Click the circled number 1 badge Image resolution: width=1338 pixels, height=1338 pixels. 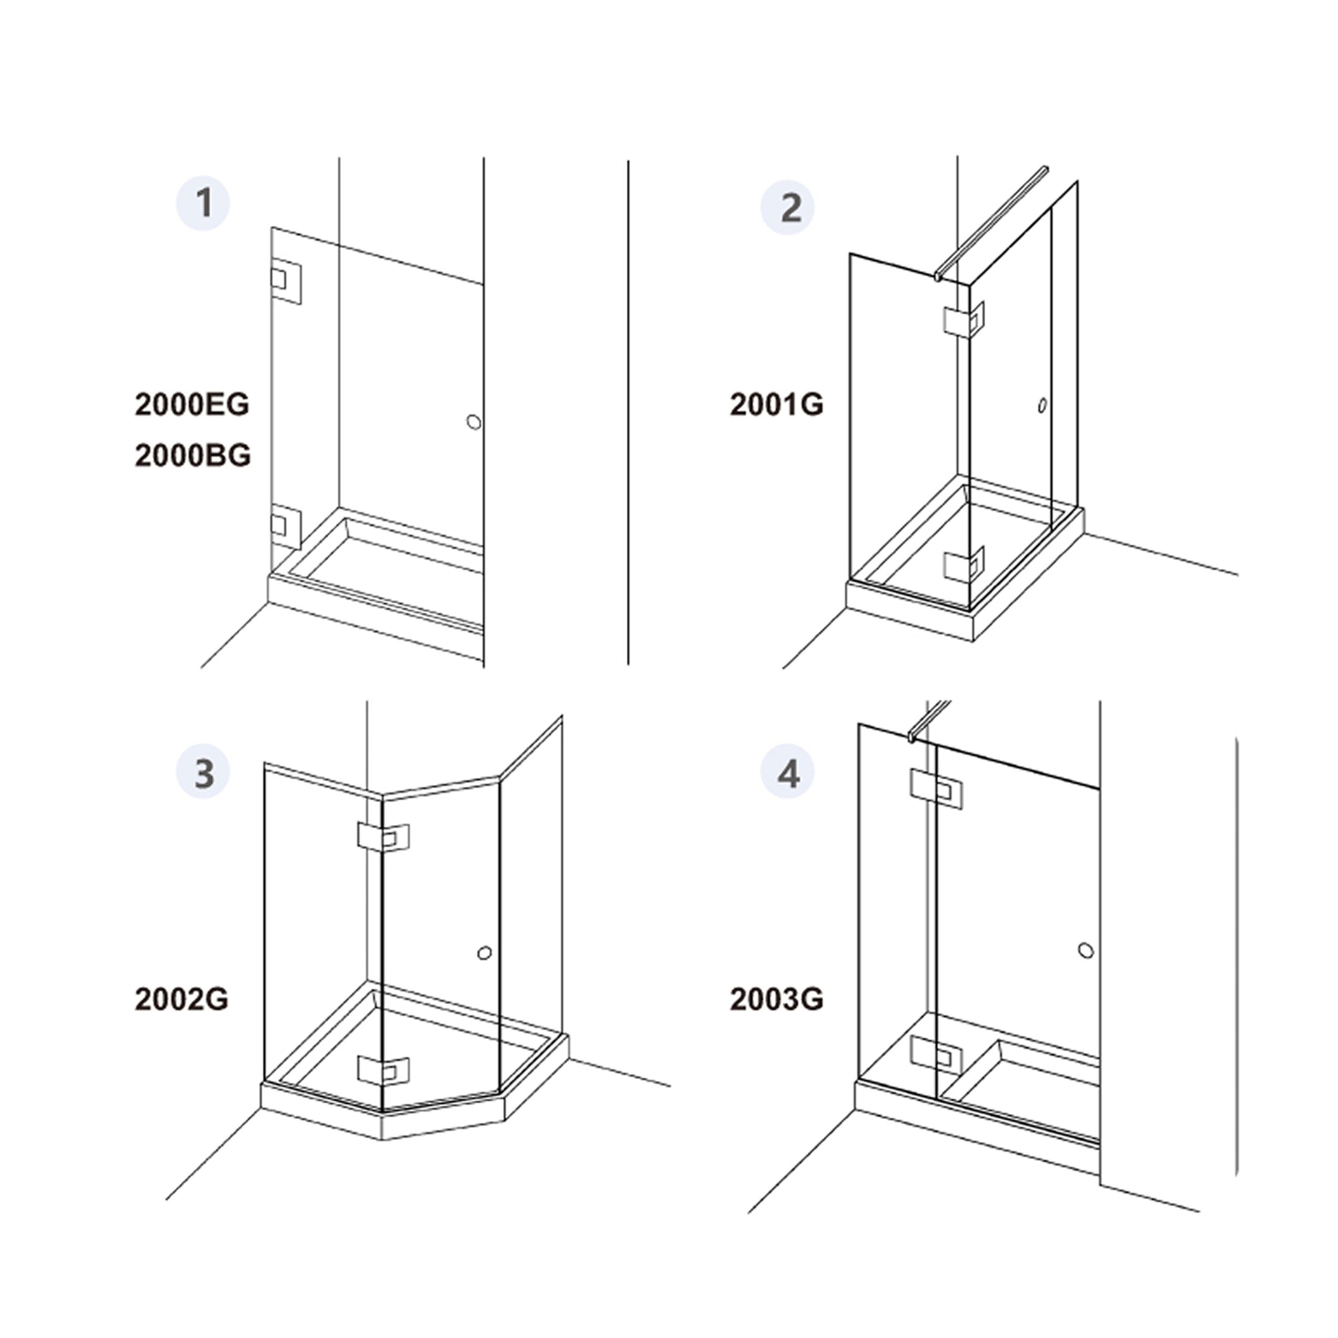[x=203, y=204]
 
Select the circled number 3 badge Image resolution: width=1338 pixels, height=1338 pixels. [x=203, y=771]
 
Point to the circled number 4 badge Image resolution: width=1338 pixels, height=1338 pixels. [x=788, y=771]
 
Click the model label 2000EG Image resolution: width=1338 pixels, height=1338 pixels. [x=192, y=405]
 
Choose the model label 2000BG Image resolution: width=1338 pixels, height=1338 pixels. [x=192, y=456]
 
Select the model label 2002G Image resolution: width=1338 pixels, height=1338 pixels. [x=181, y=999]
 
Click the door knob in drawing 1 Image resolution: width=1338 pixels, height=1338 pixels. [x=474, y=422]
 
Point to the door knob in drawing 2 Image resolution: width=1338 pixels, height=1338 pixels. [x=1042, y=406]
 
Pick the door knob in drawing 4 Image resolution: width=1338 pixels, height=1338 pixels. [x=1086, y=951]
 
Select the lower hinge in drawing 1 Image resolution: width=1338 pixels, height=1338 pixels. [x=285, y=526]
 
